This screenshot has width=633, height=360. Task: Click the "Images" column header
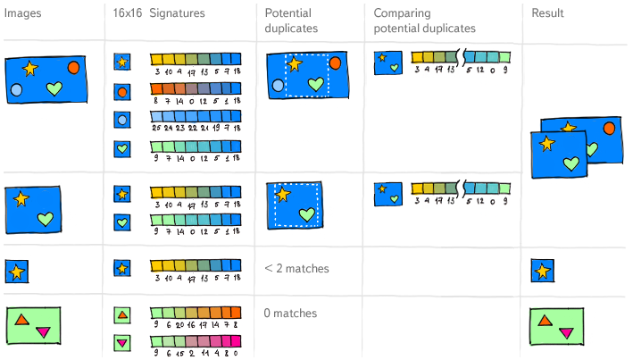tap(23, 13)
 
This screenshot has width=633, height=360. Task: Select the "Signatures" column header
tap(177, 13)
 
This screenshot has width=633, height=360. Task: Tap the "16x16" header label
tap(127, 13)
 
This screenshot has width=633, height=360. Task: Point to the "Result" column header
tap(547, 13)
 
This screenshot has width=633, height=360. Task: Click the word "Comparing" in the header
tap(403, 13)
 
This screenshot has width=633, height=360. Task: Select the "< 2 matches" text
tap(297, 269)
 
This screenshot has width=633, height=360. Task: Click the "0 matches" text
tap(291, 314)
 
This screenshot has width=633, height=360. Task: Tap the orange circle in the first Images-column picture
tap(74, 67)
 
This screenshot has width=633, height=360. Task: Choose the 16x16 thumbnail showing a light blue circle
tap(122, 119)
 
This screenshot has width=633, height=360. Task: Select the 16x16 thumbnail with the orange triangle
tap(122, 314)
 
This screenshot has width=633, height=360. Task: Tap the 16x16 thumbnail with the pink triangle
tap(122, 342)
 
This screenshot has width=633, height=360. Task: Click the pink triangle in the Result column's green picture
tap(565, 333)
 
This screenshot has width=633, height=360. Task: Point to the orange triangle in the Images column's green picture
tap(23, 319)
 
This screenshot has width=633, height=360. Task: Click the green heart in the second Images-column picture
tap(46, 218)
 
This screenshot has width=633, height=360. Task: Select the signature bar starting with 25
tap(196, 116)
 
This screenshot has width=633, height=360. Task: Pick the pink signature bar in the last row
tap(196, 339)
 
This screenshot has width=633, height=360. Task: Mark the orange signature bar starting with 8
tap(196, 88)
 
